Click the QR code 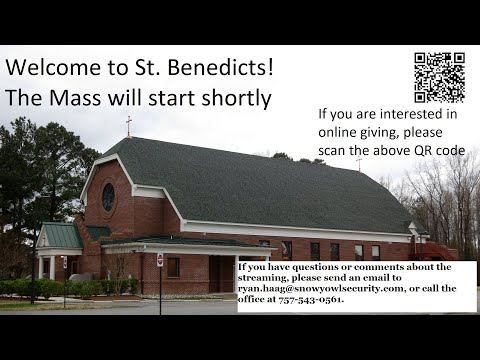439,77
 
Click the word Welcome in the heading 53,69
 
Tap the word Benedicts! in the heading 221,69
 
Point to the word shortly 233,99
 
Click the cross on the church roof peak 128,125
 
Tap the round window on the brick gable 108,197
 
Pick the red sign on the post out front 160,260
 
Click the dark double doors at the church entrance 221,273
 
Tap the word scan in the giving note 336,150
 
